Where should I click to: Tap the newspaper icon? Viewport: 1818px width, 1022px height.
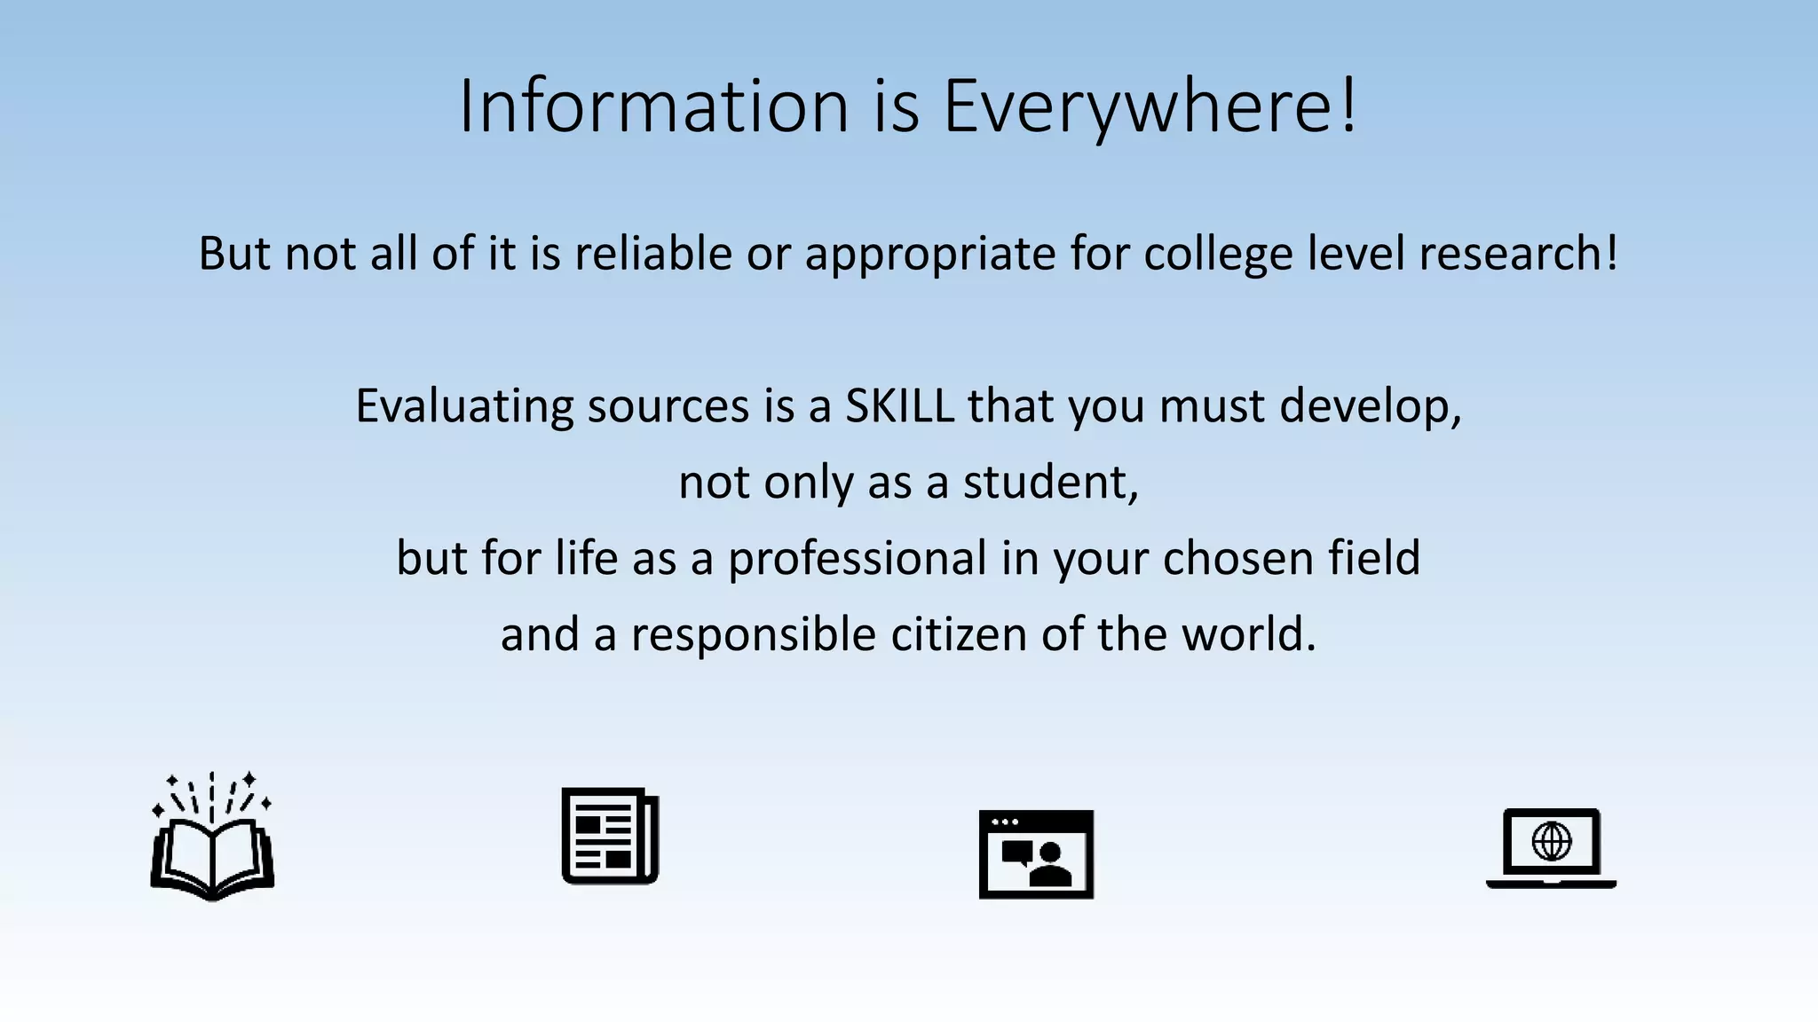click(611, 836)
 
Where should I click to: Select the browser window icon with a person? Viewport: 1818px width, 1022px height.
click(1036, 854)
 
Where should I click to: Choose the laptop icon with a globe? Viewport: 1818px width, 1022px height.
click(1551, 848)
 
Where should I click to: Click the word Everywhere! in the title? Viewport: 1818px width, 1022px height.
click(1150, 106)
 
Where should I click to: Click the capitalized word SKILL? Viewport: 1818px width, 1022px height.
click(899, 406)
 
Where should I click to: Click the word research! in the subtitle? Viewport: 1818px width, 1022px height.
click(1519, 254)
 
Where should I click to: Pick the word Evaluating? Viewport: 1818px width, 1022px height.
click(464, 407)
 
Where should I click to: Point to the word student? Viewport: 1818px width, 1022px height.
click(1051, 483)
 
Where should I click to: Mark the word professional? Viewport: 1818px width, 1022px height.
click(858, 559)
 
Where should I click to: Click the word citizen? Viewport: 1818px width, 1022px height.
click(959, 635)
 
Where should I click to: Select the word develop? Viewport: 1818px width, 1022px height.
click(1371, 407)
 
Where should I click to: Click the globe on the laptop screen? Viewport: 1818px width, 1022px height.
click(1552, 841)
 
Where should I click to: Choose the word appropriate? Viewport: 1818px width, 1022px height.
click(930, 255)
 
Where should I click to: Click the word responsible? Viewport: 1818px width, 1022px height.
click(754, 635)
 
